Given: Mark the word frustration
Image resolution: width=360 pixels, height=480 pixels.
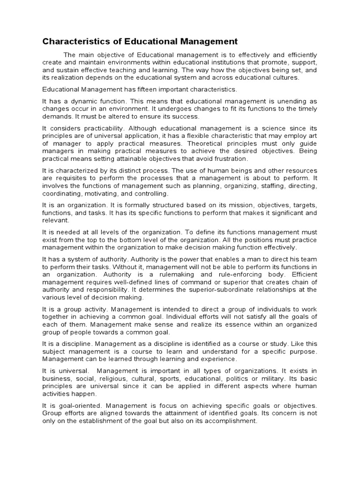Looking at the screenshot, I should [x=228, y=158].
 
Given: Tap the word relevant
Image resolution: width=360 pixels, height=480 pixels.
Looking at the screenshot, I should [x=55, y=220].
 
